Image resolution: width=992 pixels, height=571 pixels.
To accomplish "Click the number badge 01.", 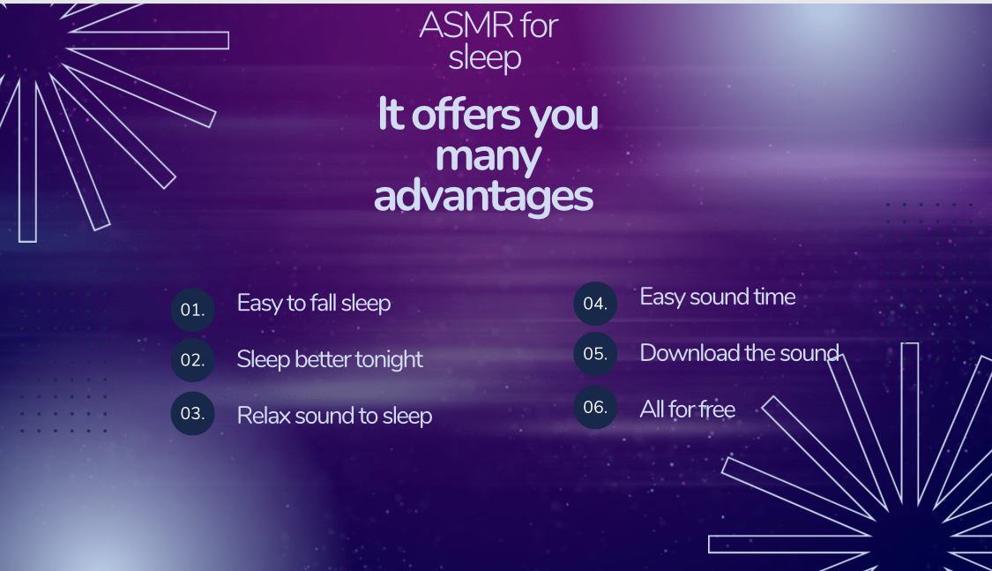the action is coord(192,310).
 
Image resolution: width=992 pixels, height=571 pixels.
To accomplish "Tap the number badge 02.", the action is coord(192,359).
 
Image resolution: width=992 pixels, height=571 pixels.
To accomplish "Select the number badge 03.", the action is coord(192,413).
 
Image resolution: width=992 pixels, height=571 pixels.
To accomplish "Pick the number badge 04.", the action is coord(595,304).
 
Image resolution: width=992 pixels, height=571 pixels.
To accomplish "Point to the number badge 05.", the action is coord(595,353).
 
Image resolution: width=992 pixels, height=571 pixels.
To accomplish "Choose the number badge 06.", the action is coord(595,407).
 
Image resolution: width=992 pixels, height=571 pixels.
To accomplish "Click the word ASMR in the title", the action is coord(466,26).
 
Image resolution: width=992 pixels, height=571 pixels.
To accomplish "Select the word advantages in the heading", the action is coord(484,197).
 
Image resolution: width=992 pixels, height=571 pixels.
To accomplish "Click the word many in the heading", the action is coord(489,157).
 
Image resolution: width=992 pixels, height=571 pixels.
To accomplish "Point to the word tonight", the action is coord(389,359).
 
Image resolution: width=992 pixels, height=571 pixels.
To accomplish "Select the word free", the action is coord(718,409).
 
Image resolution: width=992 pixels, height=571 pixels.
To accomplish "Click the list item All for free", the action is coord(688,409).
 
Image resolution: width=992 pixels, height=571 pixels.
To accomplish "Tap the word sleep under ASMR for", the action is coord(485,58).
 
